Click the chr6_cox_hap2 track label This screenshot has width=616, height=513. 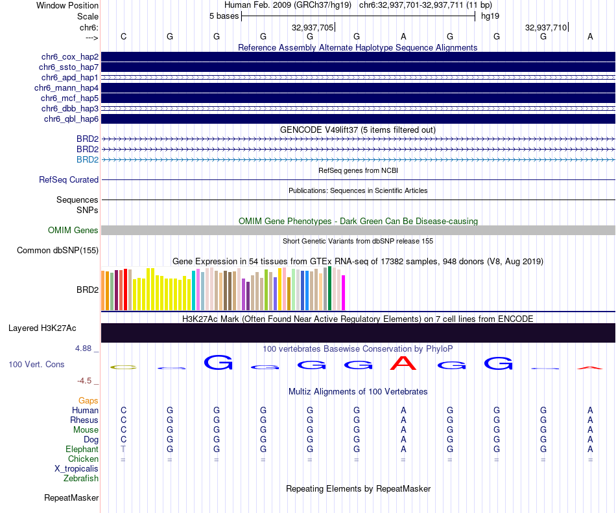(x=69, y=57)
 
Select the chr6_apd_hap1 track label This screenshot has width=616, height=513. (x=69, y=78)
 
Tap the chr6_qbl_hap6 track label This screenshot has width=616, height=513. (x=71, y=119)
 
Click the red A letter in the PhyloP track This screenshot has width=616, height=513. (x=403, y=363)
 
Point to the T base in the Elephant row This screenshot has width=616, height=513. (x=123, y=450)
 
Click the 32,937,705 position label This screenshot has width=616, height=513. (x=313, y=27)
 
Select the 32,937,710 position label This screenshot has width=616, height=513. (x=546, y=27)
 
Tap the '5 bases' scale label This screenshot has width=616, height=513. (x=224, y=16)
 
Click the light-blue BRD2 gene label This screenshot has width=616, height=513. (x=88, y=160)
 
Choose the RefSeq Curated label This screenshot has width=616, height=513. (x=69, y=180)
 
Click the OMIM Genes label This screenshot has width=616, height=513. (x=73, y=231)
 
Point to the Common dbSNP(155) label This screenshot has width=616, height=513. (x=58, y=251)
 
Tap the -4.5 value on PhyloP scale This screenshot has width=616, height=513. (x=86, y=381)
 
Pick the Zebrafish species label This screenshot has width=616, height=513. (x=81, y=479)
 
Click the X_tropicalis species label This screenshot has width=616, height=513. (x=77, y=469)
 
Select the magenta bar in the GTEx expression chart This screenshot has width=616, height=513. (x=344, y=293)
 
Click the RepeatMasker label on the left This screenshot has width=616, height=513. (x=71, y=498)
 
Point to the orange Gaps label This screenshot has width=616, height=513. (x=88, y=401)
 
